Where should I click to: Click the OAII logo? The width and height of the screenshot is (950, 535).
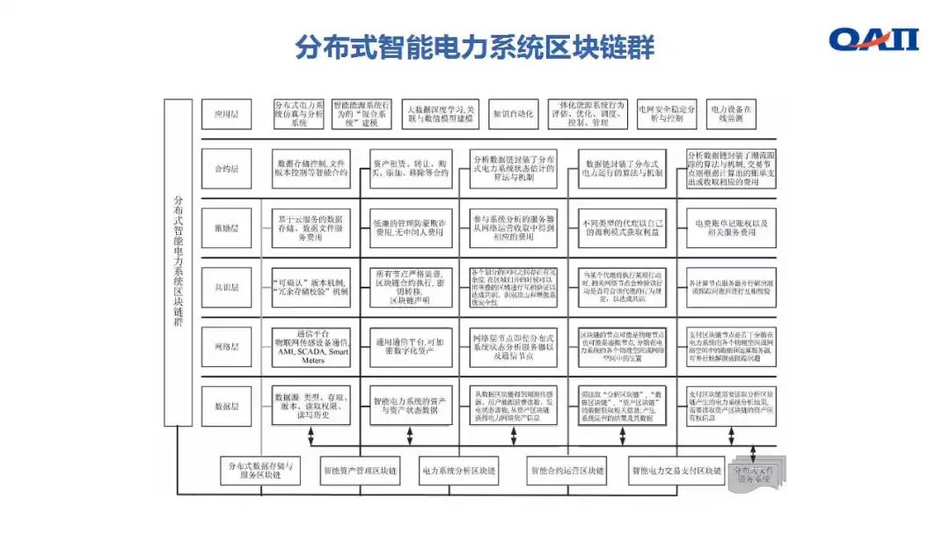[x=873, y=40]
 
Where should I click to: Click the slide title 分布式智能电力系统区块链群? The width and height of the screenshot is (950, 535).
[x=474, y=46]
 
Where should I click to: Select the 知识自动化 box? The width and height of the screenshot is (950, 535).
[x=513, y=114]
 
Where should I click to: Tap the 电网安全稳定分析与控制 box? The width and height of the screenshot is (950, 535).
[x=667, y=114]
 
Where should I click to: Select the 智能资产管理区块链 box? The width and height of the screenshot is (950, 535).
[x=359, y=471]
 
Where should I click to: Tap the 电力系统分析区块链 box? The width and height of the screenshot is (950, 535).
[x=458, y=471]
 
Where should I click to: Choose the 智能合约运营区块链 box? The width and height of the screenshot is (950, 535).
[x=567, y=471]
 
